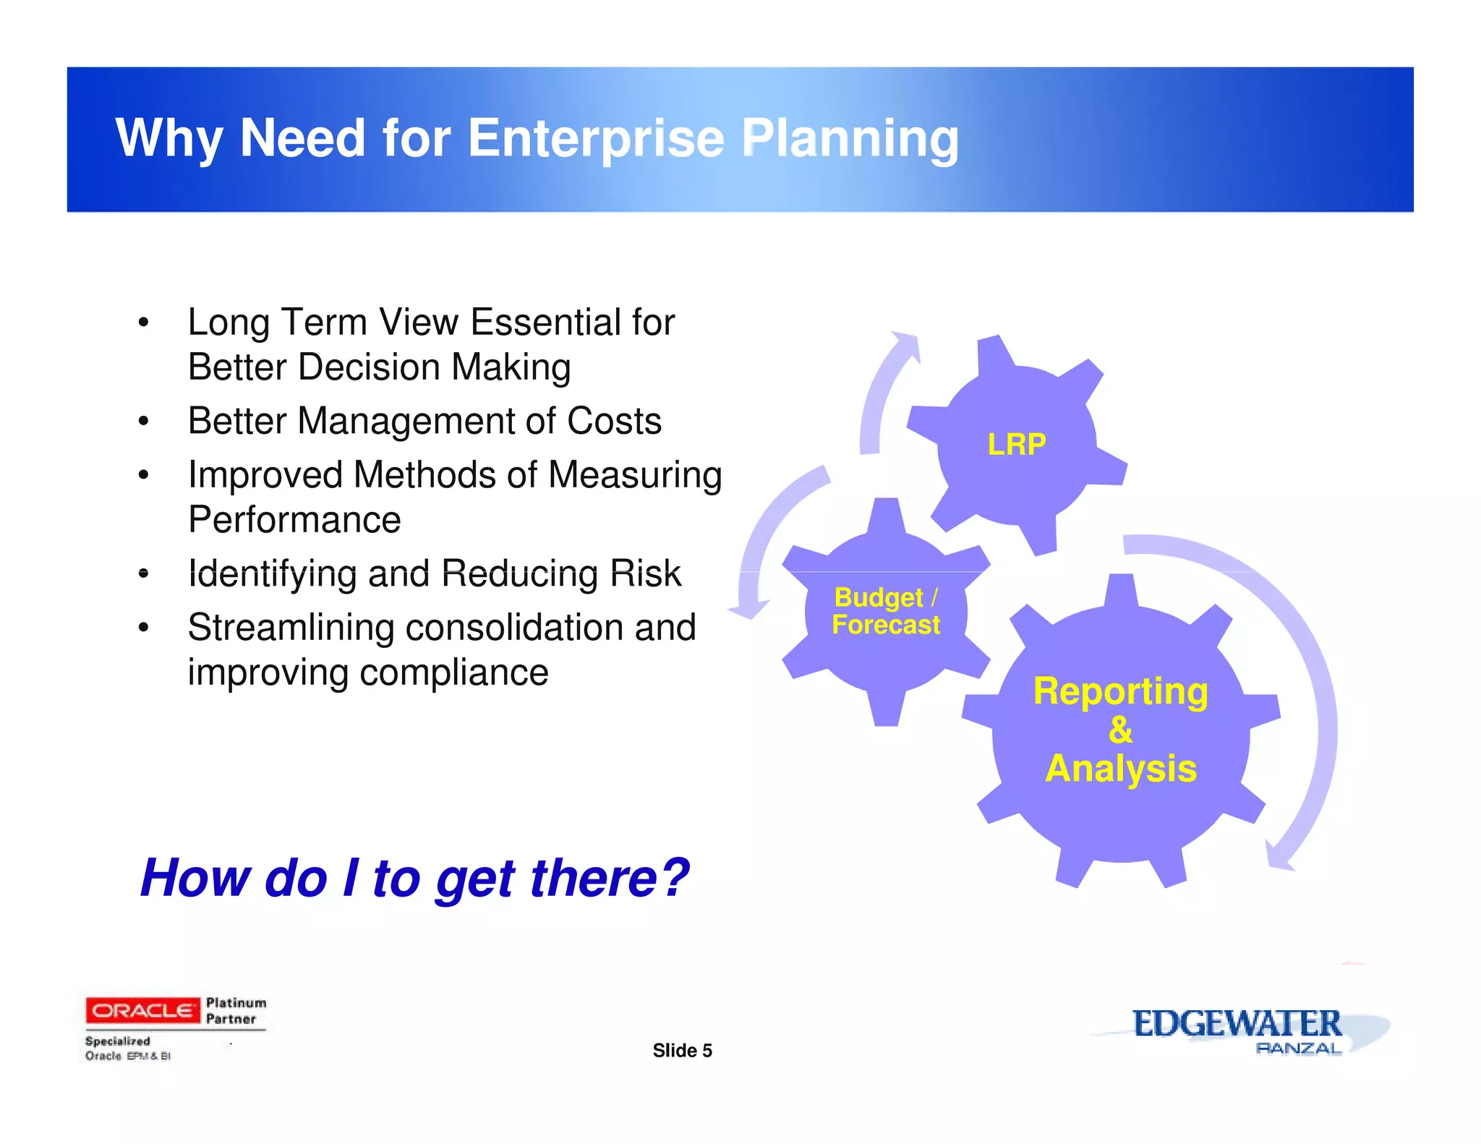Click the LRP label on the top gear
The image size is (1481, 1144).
pyautogui.click(x=1017, y=444)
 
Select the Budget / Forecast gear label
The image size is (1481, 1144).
pyautogui.click(x=886, y=611)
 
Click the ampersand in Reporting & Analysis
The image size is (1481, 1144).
pyautogui.click(x=1120, y=730)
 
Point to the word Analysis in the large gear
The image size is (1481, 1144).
pyautogui.click(x=1121, y=768)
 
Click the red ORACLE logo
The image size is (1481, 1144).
pyautogui.click(x=142, y=1009)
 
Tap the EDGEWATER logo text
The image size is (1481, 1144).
pyautogui.click(x=1237, y=1023)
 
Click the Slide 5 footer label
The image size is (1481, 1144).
pyautogui.click(x=682, y=1051)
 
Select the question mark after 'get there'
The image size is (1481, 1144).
pyautogui.click(x=675, y=877)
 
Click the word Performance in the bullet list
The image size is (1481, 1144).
pyautogui.click(x=294, y=520)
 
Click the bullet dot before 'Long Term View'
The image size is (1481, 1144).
pyautogui.click(x=144, y=323)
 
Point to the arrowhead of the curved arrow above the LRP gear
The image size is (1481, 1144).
pyautogui.click(x=906, y=343)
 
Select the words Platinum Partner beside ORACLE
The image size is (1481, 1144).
pyautogui.click(x=236, y=1011)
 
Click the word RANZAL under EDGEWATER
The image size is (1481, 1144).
pyautogui.click(x=1299, y=1048)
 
